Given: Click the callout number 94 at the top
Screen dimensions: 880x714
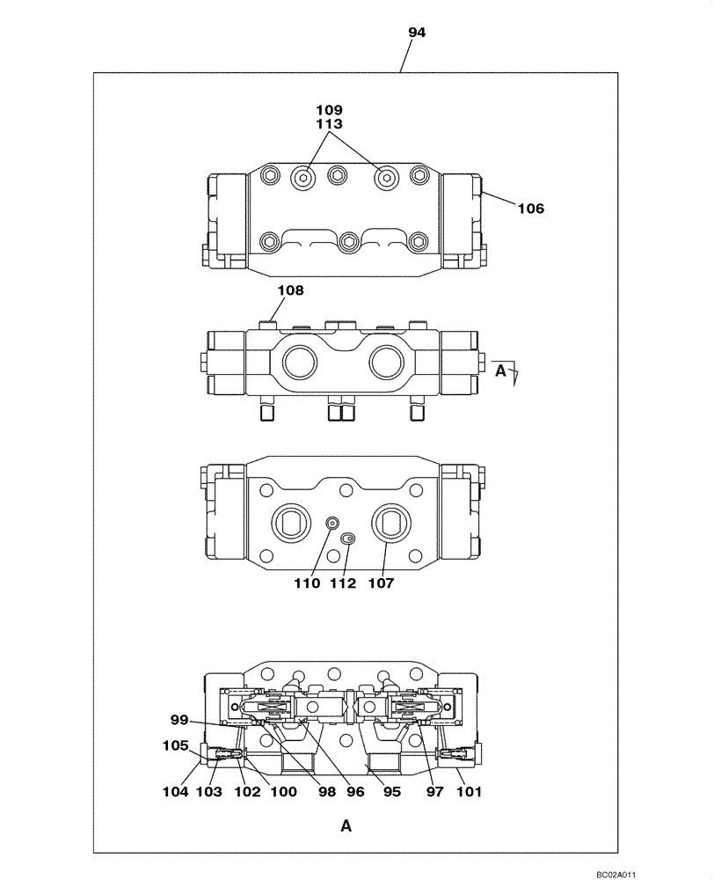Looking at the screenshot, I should (417, 33).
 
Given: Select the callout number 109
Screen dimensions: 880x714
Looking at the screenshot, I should (330, 110).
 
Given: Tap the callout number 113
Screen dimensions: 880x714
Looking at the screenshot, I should (330, 124).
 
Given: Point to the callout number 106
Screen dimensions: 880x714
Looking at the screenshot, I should (530, 209).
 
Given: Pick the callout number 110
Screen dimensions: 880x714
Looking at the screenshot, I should (307, 583).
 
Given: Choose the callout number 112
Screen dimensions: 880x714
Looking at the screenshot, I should (344, 583).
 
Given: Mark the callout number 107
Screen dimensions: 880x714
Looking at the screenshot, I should (381, 583).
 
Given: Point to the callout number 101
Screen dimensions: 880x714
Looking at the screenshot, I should (470, 792).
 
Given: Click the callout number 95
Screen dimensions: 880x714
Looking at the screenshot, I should (391, 792).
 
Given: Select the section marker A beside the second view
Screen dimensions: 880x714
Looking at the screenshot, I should (499, 370).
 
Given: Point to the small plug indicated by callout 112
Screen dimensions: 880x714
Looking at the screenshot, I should (348, 538).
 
